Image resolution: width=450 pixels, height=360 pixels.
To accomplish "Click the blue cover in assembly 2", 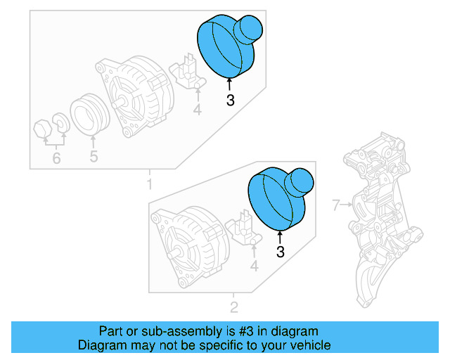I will click(x=279, y=197).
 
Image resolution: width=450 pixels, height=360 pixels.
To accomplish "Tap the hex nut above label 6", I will click(x=41, y=130).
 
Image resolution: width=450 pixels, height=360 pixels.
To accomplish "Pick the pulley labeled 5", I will click(x=89, y=113).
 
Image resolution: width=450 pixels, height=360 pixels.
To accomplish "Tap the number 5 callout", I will click(x=94, y=157).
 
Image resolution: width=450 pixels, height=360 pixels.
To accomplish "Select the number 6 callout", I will click(x=56, y=159).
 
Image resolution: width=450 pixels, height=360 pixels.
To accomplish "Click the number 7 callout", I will click(x=335, y=205).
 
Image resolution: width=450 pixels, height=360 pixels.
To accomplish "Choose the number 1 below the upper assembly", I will click(x=149, y=185).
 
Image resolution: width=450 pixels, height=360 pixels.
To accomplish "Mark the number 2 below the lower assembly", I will click(x=234, y=307).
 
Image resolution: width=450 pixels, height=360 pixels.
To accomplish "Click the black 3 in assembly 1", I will click(x=230, y=101).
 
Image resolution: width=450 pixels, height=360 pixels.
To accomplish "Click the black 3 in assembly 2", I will click(x=280, y=251).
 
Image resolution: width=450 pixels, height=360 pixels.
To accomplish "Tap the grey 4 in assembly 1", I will click(x=198, y=110).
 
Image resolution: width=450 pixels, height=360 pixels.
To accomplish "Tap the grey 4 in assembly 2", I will click(x=255, y=266).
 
